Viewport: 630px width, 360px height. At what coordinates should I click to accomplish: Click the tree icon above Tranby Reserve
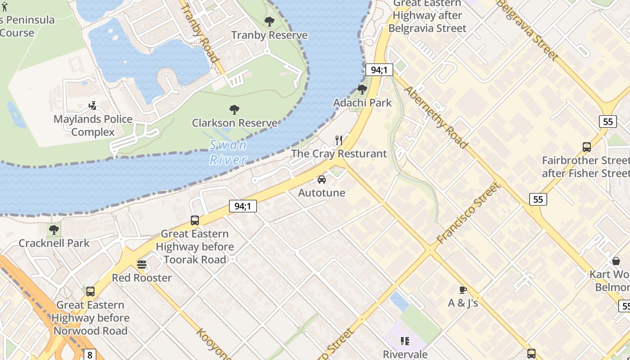pos(270,21)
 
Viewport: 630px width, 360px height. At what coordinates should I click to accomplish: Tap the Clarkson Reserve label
pos(234,123)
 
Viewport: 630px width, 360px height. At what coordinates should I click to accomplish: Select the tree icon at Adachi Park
pos(362,89)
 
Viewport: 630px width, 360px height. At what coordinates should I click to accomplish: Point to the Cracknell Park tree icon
pos(54,230)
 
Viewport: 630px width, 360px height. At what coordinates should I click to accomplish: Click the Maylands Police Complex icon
pos(93,106)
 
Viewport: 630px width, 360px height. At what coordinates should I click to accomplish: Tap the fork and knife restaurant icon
pos(339,140)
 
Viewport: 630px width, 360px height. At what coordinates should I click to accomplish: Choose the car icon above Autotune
pos(322,180)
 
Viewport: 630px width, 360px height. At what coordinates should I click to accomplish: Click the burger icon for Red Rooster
pos(142,265)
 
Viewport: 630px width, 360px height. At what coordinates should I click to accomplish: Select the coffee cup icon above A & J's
pos(463,290)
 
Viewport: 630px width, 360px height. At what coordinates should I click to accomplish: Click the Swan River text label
pos(228,152)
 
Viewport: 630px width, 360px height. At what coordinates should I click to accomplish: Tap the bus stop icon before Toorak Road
pos(195,220)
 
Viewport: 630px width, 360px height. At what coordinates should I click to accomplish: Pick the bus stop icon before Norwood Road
pos(90,292)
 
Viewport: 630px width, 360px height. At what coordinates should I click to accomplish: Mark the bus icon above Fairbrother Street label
pos(587,147)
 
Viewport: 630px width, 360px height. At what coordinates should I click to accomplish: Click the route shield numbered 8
pos(90,355)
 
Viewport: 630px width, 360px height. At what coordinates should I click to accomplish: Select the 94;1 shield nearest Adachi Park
pos(379,70)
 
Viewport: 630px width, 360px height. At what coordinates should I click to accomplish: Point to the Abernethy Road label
pos(436,117)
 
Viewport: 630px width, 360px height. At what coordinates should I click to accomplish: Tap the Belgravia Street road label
pos(527,31)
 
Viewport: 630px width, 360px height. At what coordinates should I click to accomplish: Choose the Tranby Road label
pos(200,34)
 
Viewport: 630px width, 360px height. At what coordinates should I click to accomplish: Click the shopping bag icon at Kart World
pos(616,261)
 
